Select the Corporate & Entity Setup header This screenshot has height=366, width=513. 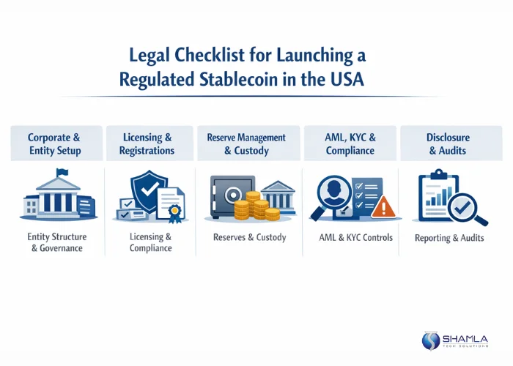[x=54, y=143]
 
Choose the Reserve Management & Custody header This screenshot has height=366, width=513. [x=247, y=143]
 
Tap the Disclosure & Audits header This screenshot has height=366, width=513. [x=448, y=143]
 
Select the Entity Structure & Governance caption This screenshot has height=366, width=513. [x=56, y=242]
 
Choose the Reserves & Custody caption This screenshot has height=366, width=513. [x=249, y=237]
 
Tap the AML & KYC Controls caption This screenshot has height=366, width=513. [x=356, y=237]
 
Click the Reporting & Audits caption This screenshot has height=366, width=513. [x=449, y=238]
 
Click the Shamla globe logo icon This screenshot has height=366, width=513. [x=430, y=340]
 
